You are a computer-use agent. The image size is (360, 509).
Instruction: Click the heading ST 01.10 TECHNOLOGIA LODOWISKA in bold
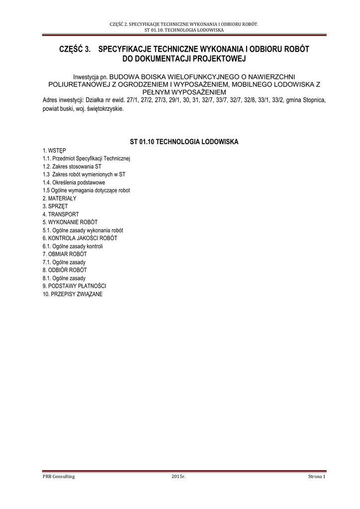point(184,142)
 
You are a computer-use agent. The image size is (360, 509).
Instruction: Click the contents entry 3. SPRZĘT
point(55,206)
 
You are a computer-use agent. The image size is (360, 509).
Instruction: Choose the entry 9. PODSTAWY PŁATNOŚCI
point(74,286)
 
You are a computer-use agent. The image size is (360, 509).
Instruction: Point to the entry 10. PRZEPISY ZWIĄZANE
point(73,294)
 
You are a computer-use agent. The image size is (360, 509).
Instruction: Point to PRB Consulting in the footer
point(59,477)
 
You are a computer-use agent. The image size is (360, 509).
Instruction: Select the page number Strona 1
point(316,477)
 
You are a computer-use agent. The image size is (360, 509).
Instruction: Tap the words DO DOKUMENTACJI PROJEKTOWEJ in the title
point(184,59)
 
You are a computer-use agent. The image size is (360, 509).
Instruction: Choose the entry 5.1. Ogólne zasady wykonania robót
point(83,230)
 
